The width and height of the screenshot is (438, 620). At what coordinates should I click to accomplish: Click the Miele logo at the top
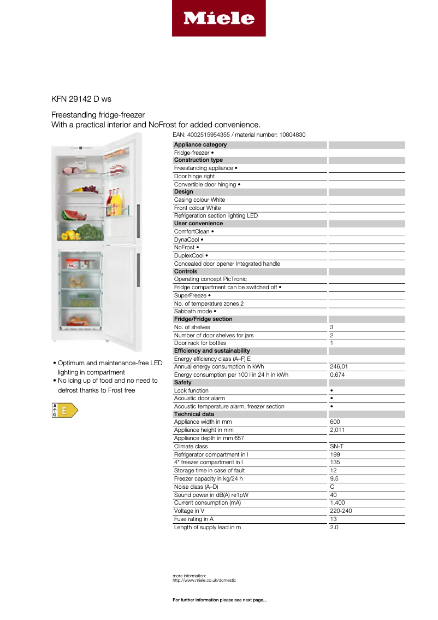coord(218,19)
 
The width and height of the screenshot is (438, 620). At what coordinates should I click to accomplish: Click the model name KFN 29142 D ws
coord(81,99)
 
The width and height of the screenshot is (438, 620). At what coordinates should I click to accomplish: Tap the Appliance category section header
coord(200,145)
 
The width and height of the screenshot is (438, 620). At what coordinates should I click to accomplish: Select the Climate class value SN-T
coord(336,446)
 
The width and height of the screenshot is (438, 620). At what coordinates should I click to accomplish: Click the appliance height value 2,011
coord(337,430)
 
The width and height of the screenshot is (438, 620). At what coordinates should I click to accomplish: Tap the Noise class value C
coord(332,487)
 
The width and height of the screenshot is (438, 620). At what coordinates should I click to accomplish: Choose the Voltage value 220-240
coord(341,511)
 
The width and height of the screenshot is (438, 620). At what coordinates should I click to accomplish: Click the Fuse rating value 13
coord(333,519)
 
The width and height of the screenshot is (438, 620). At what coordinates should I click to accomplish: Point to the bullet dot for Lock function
coord(332,391)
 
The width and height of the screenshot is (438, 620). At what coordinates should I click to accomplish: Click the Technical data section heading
coord(194,414)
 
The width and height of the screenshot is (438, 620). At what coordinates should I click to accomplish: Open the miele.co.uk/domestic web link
coord(204,580)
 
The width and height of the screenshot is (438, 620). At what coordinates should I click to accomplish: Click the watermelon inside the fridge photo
coord(71,215)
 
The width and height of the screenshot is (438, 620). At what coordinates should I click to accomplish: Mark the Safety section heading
coord(183,383)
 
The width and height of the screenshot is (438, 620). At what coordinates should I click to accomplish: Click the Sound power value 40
coord(333,495)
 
